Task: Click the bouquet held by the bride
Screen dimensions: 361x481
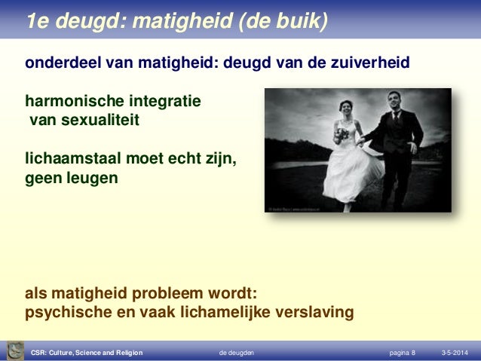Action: click(x=342, y=135)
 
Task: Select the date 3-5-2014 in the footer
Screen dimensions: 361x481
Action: click(x=452, y=353)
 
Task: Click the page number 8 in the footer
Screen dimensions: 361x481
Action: click(x=412, y=353)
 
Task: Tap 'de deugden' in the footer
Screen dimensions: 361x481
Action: click(x=236, y=353)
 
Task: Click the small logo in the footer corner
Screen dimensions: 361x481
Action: click(x=14, y=350)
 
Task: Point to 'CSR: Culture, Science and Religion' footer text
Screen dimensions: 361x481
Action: click(x=87, y=353)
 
